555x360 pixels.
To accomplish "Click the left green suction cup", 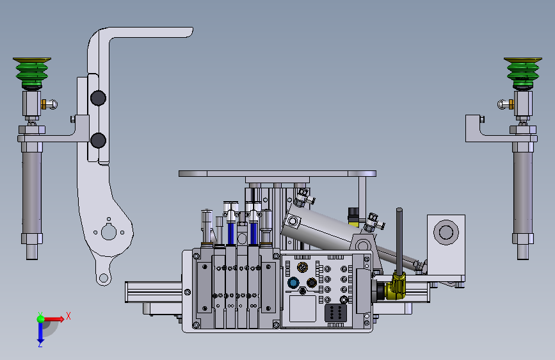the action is [x=32, y=72].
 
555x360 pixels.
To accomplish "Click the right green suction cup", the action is [x=523, y=72].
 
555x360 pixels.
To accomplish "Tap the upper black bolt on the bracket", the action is [x=98, y=98].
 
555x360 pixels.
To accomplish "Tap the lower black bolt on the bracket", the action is [x=98, y=140].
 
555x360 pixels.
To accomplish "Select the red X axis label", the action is [x=68, y=316].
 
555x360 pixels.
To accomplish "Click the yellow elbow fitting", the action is [x=396, y=286].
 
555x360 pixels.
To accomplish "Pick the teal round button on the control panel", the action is [x=293, y=282].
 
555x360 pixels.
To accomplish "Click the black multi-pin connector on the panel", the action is [x=335, y=313].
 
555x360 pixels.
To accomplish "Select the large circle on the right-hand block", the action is [x=446, y=233].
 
